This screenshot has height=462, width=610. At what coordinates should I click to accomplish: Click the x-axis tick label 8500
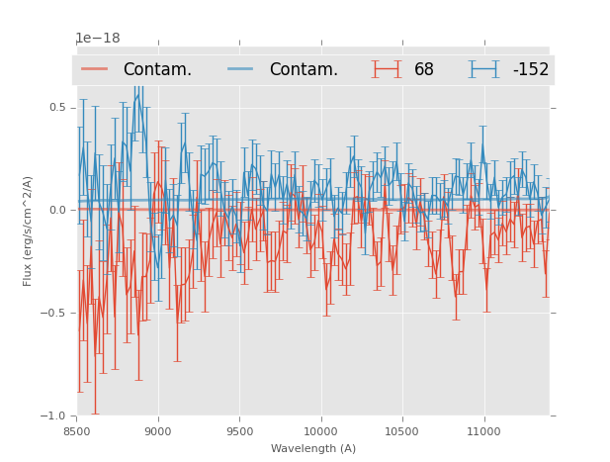pyautogui.click(x=76, y=431)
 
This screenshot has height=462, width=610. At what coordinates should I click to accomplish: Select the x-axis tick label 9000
pyautogui.click(x=158, y=431)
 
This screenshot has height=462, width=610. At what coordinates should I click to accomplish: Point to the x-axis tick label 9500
pyautogui.click(x=239, y=431)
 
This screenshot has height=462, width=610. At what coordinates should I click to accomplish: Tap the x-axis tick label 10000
pyautogui.click(x=320, y=431)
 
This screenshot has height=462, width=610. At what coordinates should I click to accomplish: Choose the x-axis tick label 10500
pyautogui.click(x=402, y=431)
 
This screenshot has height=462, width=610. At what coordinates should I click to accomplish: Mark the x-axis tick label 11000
pyautogui.click(x=483, y=431)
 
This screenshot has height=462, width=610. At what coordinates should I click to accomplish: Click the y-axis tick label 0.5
pyautogui.click(x=56, y=107)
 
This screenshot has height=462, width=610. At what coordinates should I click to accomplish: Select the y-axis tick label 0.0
pyautogui.click(x=56, y=210)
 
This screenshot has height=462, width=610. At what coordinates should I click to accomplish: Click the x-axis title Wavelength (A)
pyautogui.click(x=312, y=448)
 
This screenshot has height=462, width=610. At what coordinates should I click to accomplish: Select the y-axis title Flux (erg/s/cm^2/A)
pyautogui.click(x=29, y=231)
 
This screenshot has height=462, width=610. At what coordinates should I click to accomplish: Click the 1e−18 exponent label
pyautogui.click(x=98, y=39)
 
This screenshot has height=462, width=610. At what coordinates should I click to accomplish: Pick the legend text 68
pyautogui.click(x=424, y=69)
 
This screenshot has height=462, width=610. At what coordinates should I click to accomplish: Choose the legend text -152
pyautogui.click(x=530, y=69)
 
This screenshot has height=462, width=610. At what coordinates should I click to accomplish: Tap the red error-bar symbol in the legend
pyautogui.click(x=387, y=69)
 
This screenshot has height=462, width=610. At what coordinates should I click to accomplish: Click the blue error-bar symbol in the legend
pyautogui.click(x=484, y=69)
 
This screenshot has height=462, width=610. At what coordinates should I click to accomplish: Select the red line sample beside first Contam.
pyautogui.click(x=95, y=69)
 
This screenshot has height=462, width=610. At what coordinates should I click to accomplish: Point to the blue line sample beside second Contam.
pyautogui.click(x=241, y=69)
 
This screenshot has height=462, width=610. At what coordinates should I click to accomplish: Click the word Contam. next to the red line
pyautogui.click(x=157, y=69)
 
